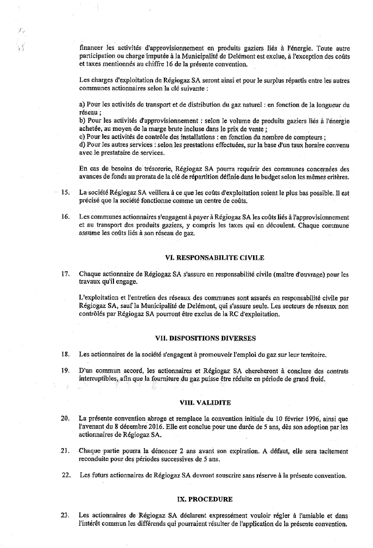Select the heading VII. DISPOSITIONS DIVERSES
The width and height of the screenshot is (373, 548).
tap(205, 338)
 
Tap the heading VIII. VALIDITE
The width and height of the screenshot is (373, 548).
tap(205, 402)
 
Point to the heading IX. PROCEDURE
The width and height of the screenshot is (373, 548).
tap(205, 498)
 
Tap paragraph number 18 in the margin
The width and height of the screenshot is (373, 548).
tap(65, 355)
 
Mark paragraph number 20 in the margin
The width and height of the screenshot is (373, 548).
tap(65, 419)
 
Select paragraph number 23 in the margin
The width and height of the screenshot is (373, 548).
tap(65, 515)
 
